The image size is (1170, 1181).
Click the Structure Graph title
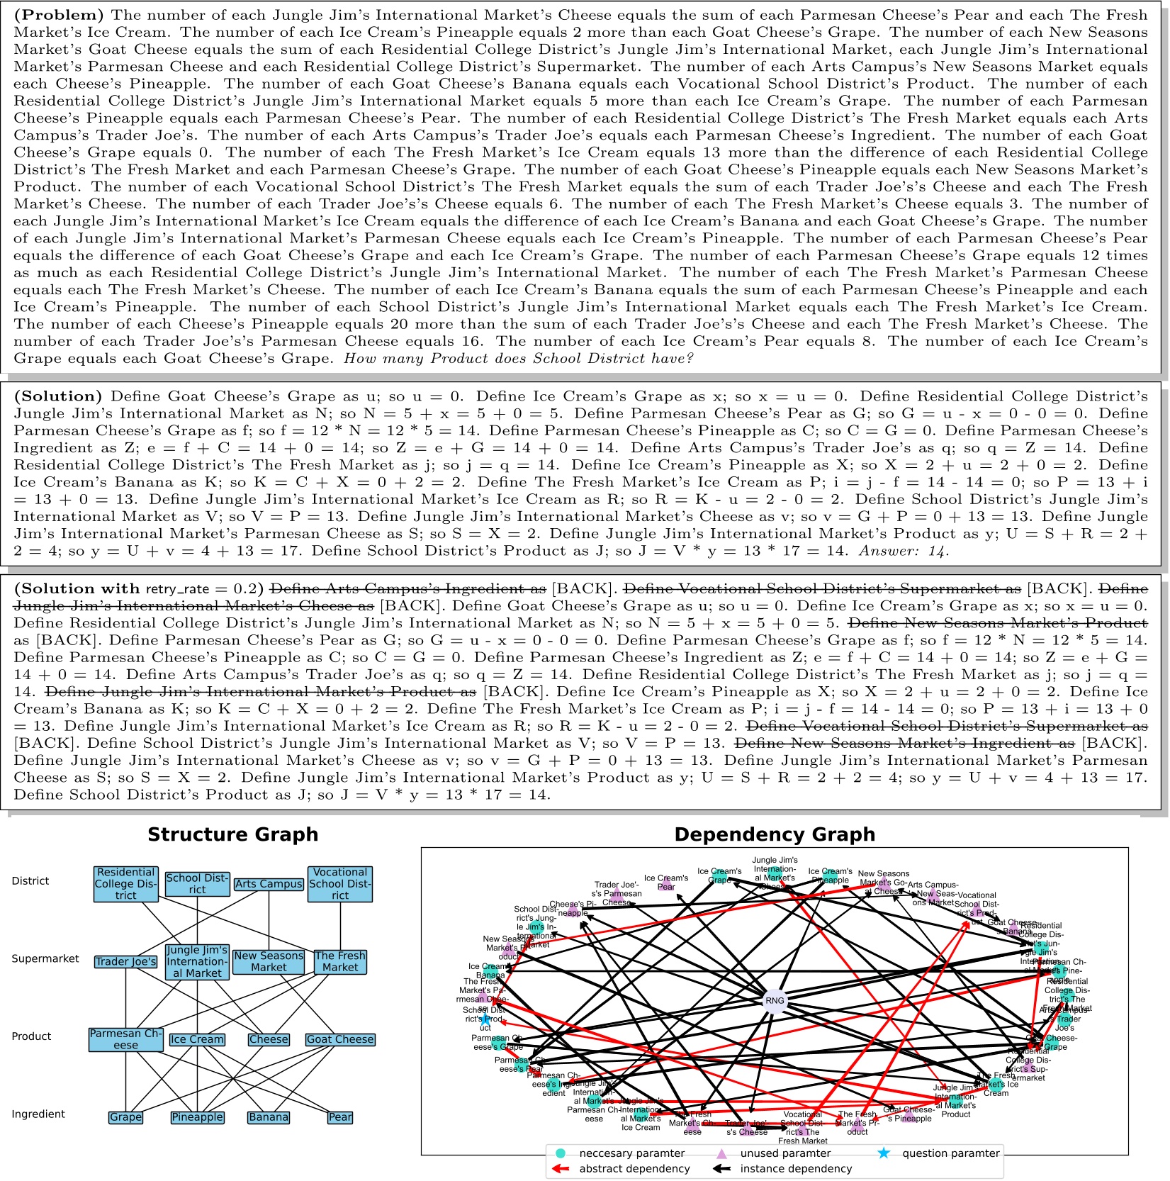point(232,834)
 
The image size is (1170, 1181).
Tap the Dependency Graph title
point(774,834)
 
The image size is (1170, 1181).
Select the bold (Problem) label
point(60,15)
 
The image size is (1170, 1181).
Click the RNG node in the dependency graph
point(775,1001)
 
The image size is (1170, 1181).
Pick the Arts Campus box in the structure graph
point(269,884)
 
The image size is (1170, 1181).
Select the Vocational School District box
point(340,883)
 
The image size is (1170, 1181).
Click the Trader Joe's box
point(125,961)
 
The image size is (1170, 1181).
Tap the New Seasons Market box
point(269,961)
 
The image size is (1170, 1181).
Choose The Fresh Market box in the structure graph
point(340,961)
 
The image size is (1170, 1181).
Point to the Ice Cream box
point(197,1039)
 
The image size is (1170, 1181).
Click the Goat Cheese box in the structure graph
point(340,1039)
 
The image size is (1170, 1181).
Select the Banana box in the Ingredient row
point(269,1117)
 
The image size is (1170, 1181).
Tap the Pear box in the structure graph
point(340,1117)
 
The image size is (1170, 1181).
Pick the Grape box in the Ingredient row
point(125,1117)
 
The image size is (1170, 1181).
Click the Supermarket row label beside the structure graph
point(45,958)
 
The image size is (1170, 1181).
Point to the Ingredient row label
point(38,1114)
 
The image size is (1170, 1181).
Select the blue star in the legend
point(883,1153)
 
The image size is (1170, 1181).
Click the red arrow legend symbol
point(561,1169)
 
